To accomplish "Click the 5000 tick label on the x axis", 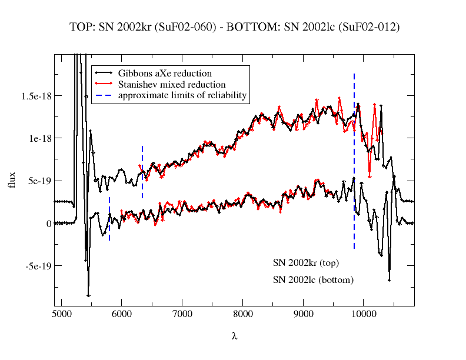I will (x=61, y=315).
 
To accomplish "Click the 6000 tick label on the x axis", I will (x=121, y=315).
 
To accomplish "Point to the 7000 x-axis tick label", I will (x=182, y=315).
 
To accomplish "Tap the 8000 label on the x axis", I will (x=242, y=315).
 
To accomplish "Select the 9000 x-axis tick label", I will (x=303, y=315).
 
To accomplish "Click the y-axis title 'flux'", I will (x=12, y=180).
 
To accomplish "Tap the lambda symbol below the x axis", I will (x=234, y=336).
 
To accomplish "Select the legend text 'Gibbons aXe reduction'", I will (x=165, y=74).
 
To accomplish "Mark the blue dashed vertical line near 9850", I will (x=354, y=176).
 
